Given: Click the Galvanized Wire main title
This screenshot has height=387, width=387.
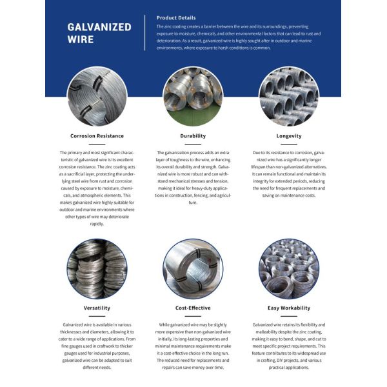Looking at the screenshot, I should pos(99,33).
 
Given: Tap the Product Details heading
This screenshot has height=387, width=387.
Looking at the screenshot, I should pos(176,17).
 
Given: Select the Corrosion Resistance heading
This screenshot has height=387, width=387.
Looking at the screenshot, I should pos(97,136).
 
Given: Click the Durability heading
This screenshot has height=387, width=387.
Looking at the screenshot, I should pos(193,136).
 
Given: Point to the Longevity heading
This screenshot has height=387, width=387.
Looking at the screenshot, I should pos(288,136).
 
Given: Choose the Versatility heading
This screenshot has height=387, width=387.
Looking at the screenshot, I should pos(97,308).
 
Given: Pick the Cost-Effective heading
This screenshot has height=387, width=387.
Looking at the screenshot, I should pos(193,308).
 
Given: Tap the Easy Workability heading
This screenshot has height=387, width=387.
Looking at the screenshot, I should pos(288,308).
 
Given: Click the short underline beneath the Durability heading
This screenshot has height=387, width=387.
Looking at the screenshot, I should pos(193,144).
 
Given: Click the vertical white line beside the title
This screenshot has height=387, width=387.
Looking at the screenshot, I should pos(145,32).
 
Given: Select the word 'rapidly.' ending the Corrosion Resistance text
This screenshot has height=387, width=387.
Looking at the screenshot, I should pos(97,224).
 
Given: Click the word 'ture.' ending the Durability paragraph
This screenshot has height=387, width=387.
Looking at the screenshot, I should pos(193,203).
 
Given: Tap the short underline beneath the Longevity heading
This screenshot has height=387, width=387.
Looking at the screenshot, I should pos(288,144).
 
